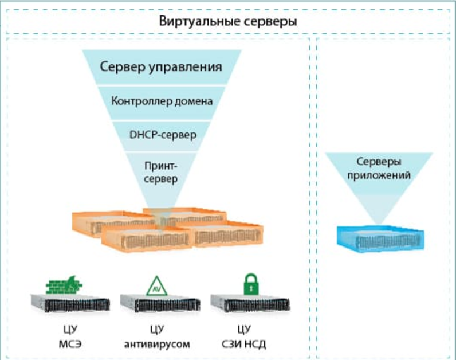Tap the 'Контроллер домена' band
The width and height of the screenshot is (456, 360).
(x=162, y=101)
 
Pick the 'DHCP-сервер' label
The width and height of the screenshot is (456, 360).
(x=162, y=136)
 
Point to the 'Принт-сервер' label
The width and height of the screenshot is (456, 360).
(x=161, y=173)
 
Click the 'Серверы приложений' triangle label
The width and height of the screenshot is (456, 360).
(x=379, y=169)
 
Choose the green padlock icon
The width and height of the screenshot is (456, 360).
(x=248, y=283)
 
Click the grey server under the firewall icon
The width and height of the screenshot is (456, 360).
(x=70, y=304)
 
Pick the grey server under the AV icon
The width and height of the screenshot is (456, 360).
(x=160, y=304)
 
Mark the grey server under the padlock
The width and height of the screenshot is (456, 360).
(x=247, y=304)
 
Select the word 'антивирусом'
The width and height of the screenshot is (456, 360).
(x=157, y=345)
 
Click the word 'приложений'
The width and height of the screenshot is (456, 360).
(x=379, y=176)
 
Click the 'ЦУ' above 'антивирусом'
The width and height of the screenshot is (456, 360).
(x=156, y=330)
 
